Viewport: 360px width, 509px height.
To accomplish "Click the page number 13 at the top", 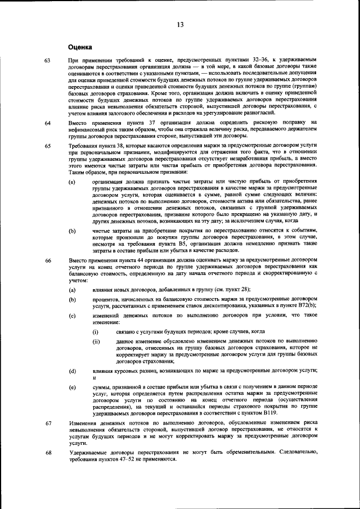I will point(180,24).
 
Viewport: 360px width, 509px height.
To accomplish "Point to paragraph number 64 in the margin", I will point(47,122).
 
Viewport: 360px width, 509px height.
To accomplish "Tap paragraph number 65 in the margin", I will point(47,145).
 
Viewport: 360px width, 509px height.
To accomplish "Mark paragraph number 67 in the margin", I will point(47,422).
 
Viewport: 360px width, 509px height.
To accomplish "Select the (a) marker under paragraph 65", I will point(72,182).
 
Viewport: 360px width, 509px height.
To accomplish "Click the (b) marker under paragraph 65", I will point(72,231).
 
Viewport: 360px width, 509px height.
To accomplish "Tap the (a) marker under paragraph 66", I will point(72,289).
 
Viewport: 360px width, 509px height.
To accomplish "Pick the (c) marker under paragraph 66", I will point(72,316).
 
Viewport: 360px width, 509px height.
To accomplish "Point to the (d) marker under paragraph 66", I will point(72,371).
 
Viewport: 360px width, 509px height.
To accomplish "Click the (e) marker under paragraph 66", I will point(72,389).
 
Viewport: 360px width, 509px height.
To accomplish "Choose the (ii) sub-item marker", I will point(96,341).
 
